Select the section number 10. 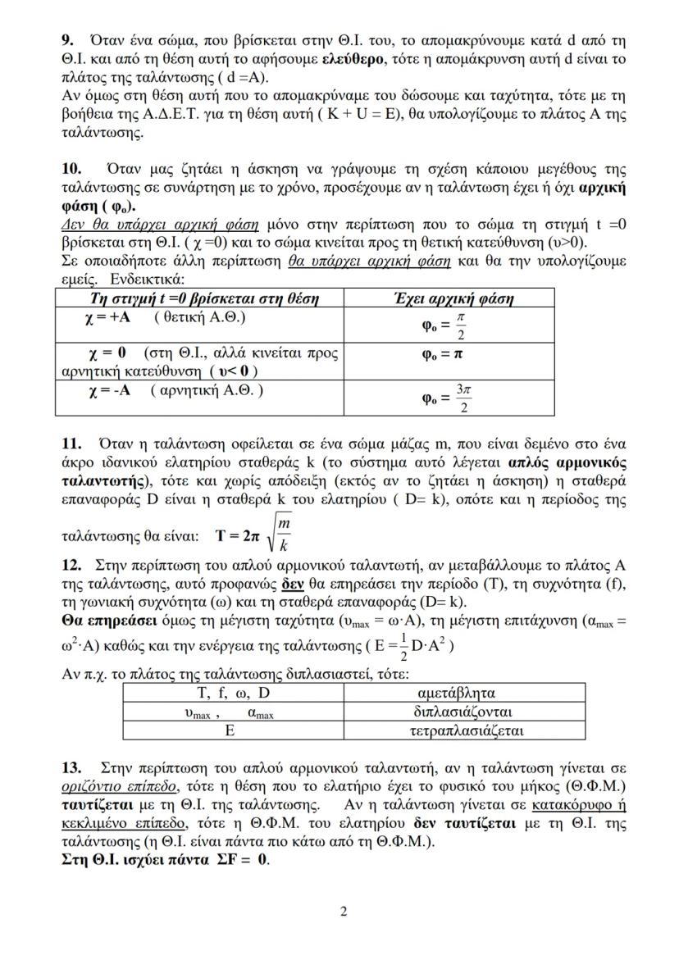pos(72,169)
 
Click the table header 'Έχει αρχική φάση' pos(443,298)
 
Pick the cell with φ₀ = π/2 pos(444,325)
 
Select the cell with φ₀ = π pos(443,355)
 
